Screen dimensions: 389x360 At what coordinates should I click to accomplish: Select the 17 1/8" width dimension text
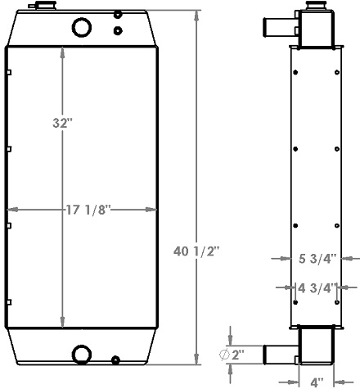pos(88,210)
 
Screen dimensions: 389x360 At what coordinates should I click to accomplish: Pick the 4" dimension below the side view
pos(316,382)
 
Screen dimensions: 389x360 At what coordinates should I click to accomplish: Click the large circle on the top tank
pos(83,28)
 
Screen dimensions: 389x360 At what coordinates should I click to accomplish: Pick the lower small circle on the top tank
pos(118,30)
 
